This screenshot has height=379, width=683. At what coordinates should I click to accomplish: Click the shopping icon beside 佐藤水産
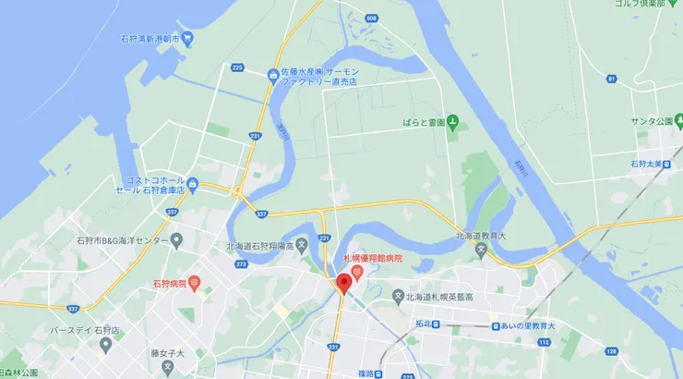pos(273,75)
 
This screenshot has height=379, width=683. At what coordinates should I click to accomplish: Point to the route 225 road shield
pos(237,67)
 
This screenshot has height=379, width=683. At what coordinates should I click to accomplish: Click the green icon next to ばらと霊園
pos(452,122)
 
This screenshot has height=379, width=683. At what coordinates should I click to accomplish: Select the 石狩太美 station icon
pos(670,164)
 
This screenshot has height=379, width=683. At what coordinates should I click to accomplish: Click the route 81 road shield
pos(611,79)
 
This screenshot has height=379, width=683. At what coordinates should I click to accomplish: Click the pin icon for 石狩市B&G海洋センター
pos(176,240)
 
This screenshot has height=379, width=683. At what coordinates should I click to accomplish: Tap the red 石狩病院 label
pos(168,284)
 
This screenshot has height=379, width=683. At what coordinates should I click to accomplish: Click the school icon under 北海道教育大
pos(480,250)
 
